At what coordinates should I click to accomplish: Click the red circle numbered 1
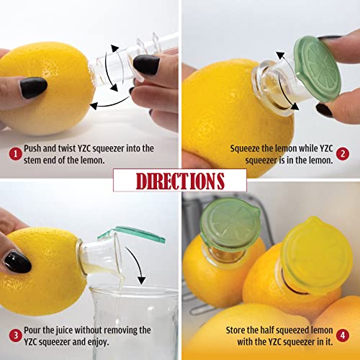(x=14, y=153)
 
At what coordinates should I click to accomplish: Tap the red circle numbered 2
(x=343, y=153)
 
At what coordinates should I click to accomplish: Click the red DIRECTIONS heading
(x=179, y=180)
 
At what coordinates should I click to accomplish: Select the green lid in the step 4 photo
(x=230, y=224)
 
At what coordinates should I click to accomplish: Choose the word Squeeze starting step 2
(x=247, y=148)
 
